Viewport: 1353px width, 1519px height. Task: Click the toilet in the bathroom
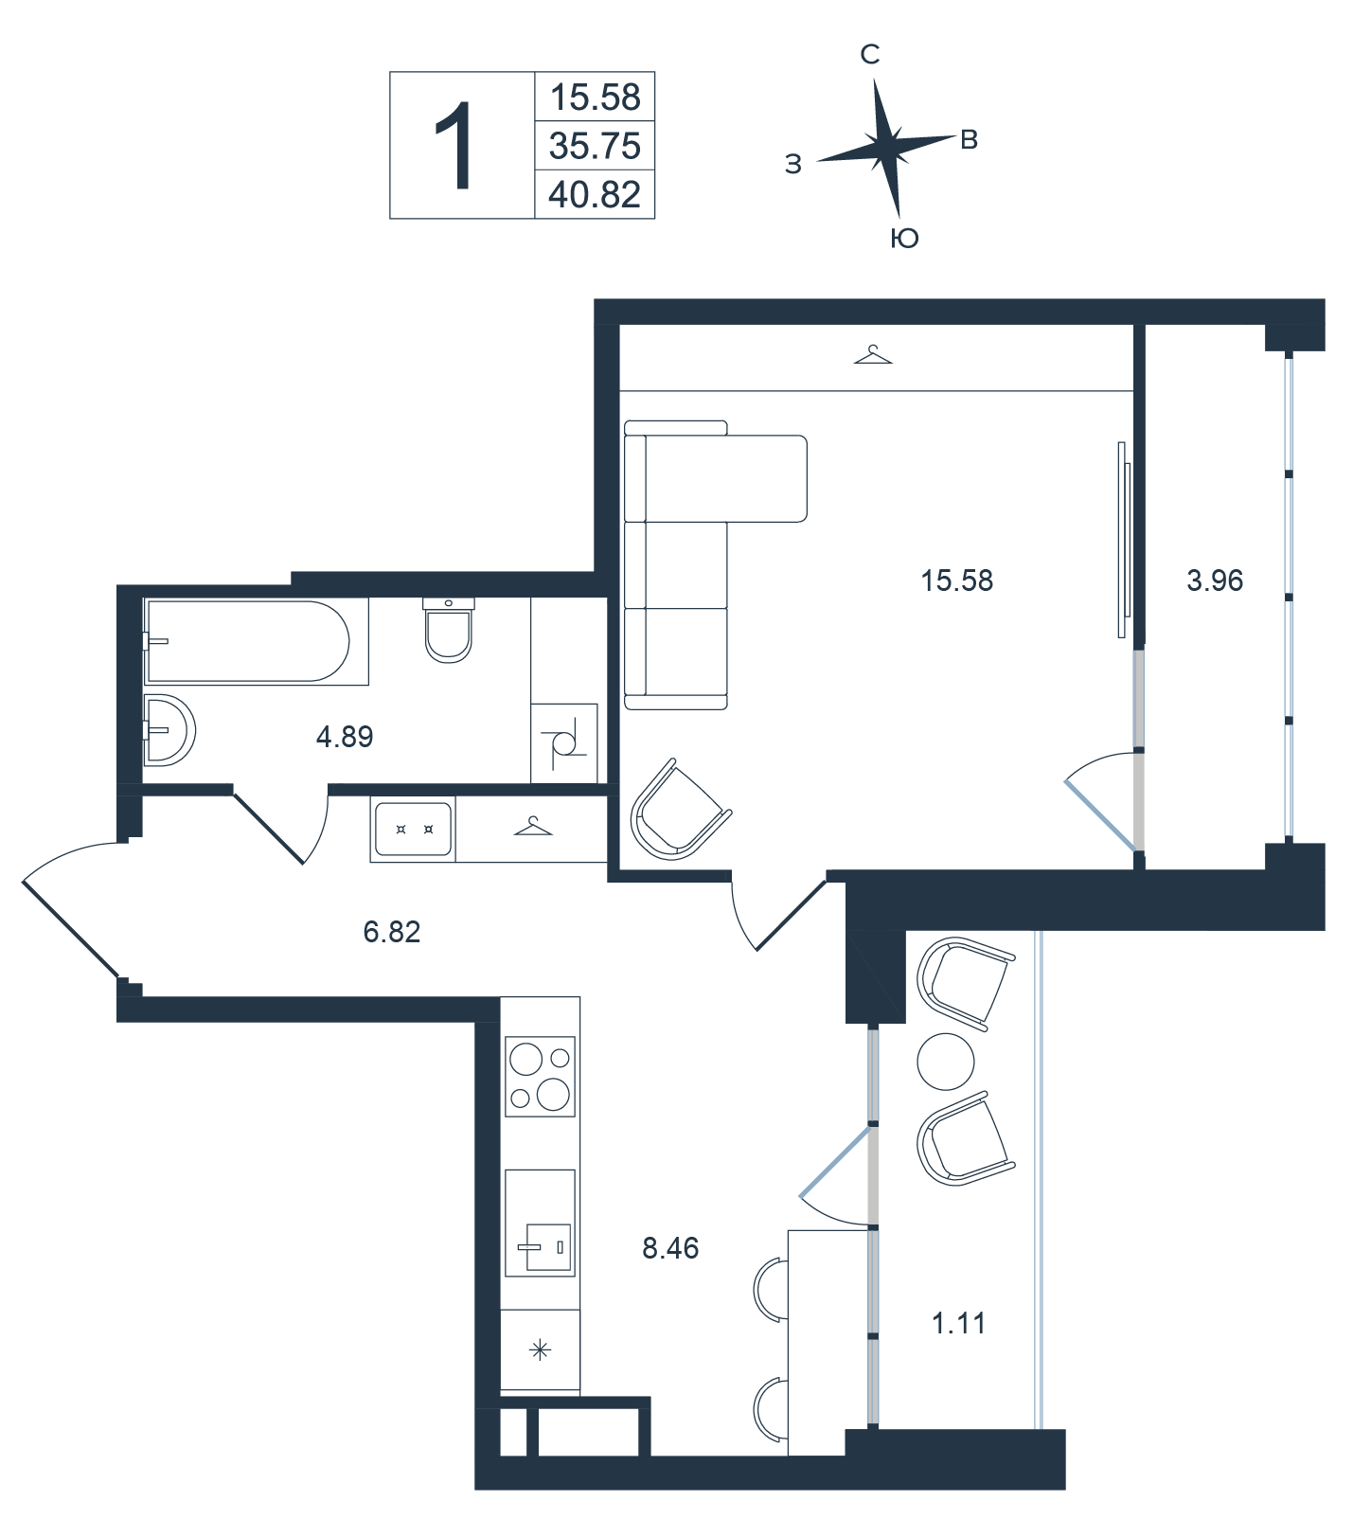448,631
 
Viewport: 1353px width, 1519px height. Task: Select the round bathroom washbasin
169,730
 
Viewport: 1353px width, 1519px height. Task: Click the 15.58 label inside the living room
957,580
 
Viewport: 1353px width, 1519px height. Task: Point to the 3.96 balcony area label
1215,580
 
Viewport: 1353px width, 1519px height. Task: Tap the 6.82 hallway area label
392,932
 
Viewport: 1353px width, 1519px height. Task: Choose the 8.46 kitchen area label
670,1248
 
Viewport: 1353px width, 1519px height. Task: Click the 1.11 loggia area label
959,1323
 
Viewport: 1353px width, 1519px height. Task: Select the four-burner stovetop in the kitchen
541,1076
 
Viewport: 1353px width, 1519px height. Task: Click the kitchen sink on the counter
541,1223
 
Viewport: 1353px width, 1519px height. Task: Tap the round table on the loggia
946,1061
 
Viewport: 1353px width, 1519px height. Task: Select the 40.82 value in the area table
595,194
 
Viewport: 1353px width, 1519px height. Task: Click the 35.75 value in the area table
595,146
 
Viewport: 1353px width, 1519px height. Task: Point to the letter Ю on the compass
905,239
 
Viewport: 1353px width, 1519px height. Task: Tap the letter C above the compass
870,55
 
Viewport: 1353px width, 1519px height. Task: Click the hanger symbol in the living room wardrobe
873,355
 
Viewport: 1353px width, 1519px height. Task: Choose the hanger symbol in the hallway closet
533,827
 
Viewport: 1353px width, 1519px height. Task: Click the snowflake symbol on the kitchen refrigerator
540,1350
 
